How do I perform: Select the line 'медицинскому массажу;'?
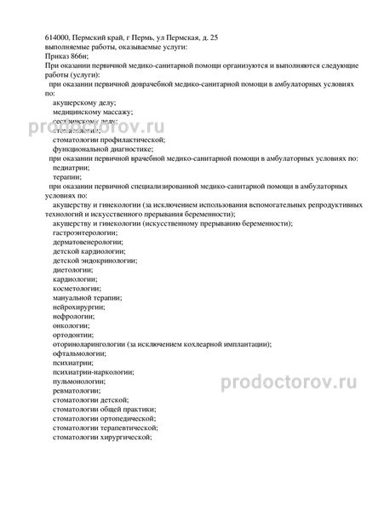pos(92,112)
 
